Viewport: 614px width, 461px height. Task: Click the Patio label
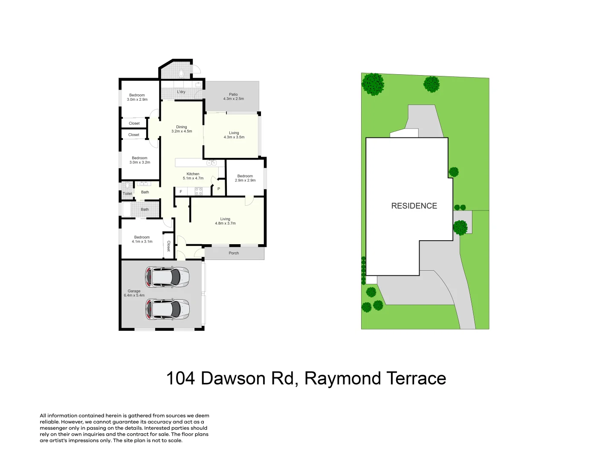233,96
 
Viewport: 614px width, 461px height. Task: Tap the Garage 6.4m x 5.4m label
134,293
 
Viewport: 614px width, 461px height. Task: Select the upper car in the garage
167,277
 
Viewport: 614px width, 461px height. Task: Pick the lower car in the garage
167,309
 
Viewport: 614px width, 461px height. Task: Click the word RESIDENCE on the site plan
414,206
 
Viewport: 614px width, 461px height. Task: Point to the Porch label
234,253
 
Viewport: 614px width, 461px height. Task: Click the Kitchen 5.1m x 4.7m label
193,176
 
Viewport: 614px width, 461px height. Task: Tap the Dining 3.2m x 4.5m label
182,129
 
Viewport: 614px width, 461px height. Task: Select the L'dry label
181,92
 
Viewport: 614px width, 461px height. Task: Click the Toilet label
127,194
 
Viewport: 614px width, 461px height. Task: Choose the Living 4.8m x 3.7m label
225,221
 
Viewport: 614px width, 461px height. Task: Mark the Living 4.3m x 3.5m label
234,135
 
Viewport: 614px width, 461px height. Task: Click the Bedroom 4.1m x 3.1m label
142,239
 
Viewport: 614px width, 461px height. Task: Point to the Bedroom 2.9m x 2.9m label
245,178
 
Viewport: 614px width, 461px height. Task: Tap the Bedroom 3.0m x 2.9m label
137,97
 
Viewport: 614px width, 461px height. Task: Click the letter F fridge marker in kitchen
181,192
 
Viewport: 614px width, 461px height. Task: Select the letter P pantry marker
219,189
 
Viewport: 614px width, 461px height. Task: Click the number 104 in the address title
180,379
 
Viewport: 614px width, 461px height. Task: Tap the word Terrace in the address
416,379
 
